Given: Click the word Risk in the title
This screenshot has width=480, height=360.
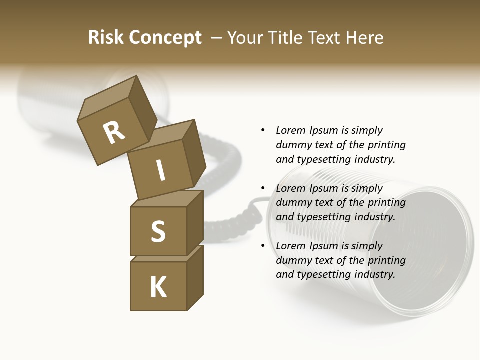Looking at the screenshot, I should (x=105, y=38).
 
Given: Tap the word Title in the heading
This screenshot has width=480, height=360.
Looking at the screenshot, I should (x=286, y=38).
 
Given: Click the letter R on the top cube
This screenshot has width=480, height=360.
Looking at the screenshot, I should (x=114, y=133).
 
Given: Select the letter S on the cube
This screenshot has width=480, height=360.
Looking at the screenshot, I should (x=158, y=231).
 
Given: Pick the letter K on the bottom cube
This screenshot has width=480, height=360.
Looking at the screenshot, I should (x=158, y=287).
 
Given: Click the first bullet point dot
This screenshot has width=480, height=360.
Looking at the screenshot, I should (x=263, y=130).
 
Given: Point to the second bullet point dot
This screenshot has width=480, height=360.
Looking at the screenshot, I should (x=263, y=188).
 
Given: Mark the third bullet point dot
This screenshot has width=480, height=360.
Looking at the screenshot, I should (x=263, y=246).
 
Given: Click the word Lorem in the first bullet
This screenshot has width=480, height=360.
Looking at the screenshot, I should (x=290, y=130).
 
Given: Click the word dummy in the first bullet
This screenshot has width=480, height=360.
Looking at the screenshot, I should (x=292, y=145).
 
